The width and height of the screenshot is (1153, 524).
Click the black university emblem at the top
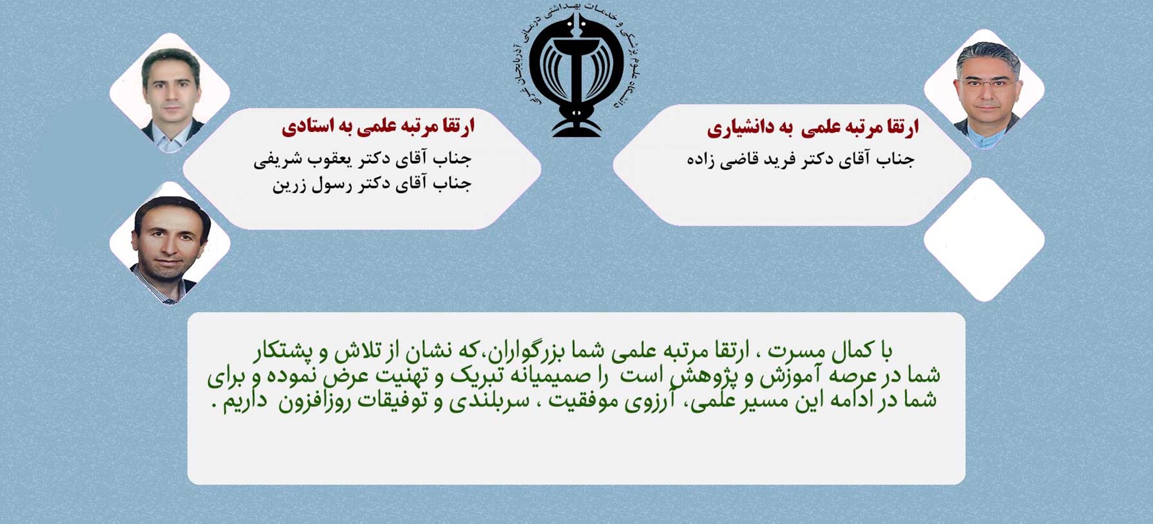coord(575,72)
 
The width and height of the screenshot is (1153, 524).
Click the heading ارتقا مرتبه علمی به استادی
coord(378,127)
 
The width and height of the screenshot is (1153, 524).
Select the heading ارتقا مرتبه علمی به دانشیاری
coord(813,128)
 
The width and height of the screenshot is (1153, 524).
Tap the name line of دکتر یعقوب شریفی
coord(363,160)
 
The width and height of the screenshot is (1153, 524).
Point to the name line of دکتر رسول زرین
coord(372,184)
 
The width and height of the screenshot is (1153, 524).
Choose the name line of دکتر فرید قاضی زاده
coord(800,160)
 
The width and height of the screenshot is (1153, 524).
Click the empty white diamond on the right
coord(984,239)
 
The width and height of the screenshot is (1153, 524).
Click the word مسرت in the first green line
coord(796,351)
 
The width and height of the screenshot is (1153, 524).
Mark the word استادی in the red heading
coord(306,127)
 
